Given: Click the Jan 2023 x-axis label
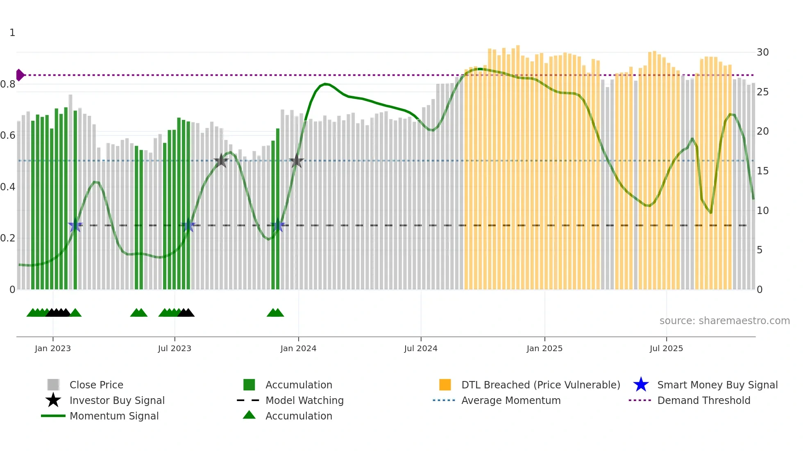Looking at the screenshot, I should (52, 348).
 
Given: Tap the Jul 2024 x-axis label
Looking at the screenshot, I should (420, 348).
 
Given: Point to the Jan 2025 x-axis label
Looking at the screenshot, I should (544, 348).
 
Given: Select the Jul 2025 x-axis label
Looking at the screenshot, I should (666, 348).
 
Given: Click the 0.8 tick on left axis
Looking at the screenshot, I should (8, 84).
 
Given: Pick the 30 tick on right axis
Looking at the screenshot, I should (762, 52).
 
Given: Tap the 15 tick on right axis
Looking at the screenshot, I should (762, 171).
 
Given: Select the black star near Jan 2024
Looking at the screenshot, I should (297, 161).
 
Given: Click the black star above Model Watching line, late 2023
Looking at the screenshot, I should (221, 160).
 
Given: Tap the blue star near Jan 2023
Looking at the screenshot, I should (75, 225).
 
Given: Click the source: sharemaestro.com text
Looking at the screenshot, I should (724, 321).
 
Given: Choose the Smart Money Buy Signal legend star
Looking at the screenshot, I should (641, 385).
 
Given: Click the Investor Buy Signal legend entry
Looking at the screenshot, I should (117, 400).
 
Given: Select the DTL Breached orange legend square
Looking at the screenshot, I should (445, 385).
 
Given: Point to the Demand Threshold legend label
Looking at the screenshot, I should (703, 400).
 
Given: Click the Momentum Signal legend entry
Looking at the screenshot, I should (114, 416).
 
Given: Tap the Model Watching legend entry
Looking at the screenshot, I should (304, 400).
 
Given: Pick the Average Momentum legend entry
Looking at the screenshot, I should (510, 400).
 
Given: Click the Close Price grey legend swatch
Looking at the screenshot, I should (53, 385).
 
